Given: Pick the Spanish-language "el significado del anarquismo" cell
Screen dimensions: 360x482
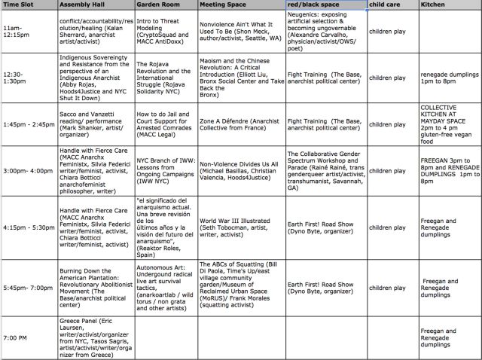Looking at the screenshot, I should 165,228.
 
